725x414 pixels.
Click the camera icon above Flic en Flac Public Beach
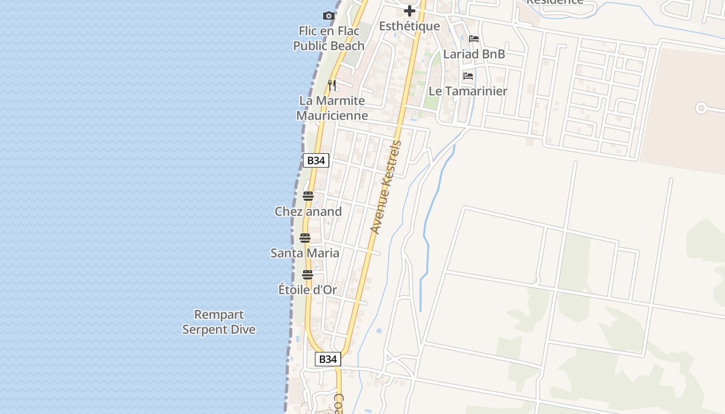[x=328, y=16]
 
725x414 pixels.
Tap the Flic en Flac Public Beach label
[x=329, y=38]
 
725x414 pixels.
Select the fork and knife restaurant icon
[x=332, y=85]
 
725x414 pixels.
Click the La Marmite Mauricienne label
[x=332, y=108]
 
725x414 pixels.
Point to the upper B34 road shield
[x=316, y=160]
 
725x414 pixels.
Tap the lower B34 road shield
[x=328, y=359]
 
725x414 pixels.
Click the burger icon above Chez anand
[x=308, y=196]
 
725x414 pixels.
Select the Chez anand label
[x=308, y=212]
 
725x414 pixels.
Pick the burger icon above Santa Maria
[x=304, y=238]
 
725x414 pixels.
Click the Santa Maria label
[x=305, y=253]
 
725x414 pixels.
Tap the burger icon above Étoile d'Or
[x=308, y=275]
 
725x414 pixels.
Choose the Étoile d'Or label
[x=308, y=290]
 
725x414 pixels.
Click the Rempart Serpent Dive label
[x=219, y=322]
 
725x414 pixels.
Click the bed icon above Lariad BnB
[x=474, y=39]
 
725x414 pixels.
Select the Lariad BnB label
[x=474, y=54]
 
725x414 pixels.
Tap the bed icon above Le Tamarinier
[x=468, y=76]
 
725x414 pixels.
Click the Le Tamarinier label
[x=468, y=91]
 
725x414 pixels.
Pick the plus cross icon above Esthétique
[x=410, y=11]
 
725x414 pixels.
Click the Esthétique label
[x=410, y=26]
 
